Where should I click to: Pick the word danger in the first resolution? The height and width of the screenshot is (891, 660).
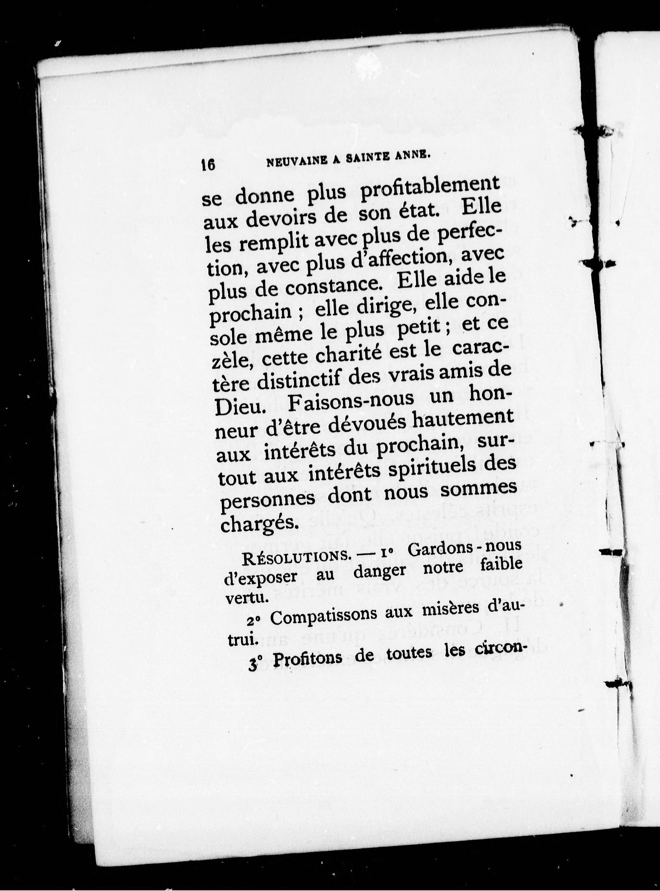point(379,571)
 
